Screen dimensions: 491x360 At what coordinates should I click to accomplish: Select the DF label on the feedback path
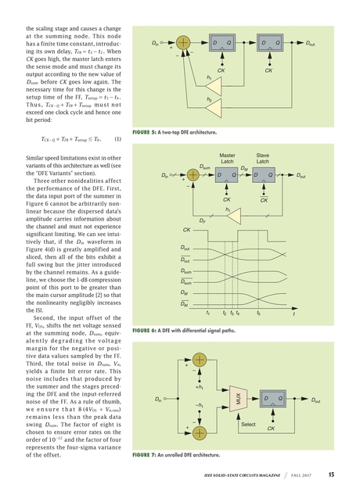[203, 221]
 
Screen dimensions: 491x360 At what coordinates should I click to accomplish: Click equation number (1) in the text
[117, 139]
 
